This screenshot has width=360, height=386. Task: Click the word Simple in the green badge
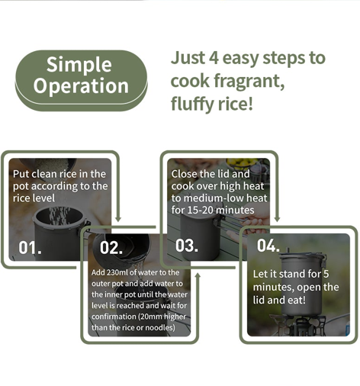[x=79, y=66]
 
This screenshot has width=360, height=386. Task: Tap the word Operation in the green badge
[x=81, y=85]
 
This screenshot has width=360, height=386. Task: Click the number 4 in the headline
[x=214, y=57]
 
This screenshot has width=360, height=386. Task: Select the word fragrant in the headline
[x=249, y=81]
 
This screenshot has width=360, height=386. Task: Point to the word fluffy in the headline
[x=192, y=104]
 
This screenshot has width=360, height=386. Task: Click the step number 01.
[x=30, y=247]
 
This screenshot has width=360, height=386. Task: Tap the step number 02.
[x=111, y=247]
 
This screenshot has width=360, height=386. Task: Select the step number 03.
[x=187, y=245]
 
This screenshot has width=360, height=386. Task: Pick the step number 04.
[x=268, y=245]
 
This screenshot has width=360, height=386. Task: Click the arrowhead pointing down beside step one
[x=118, y=218]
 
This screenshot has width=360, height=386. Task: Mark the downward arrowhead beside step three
[x=277, y=218]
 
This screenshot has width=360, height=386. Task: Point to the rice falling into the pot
[x=59, y=216]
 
